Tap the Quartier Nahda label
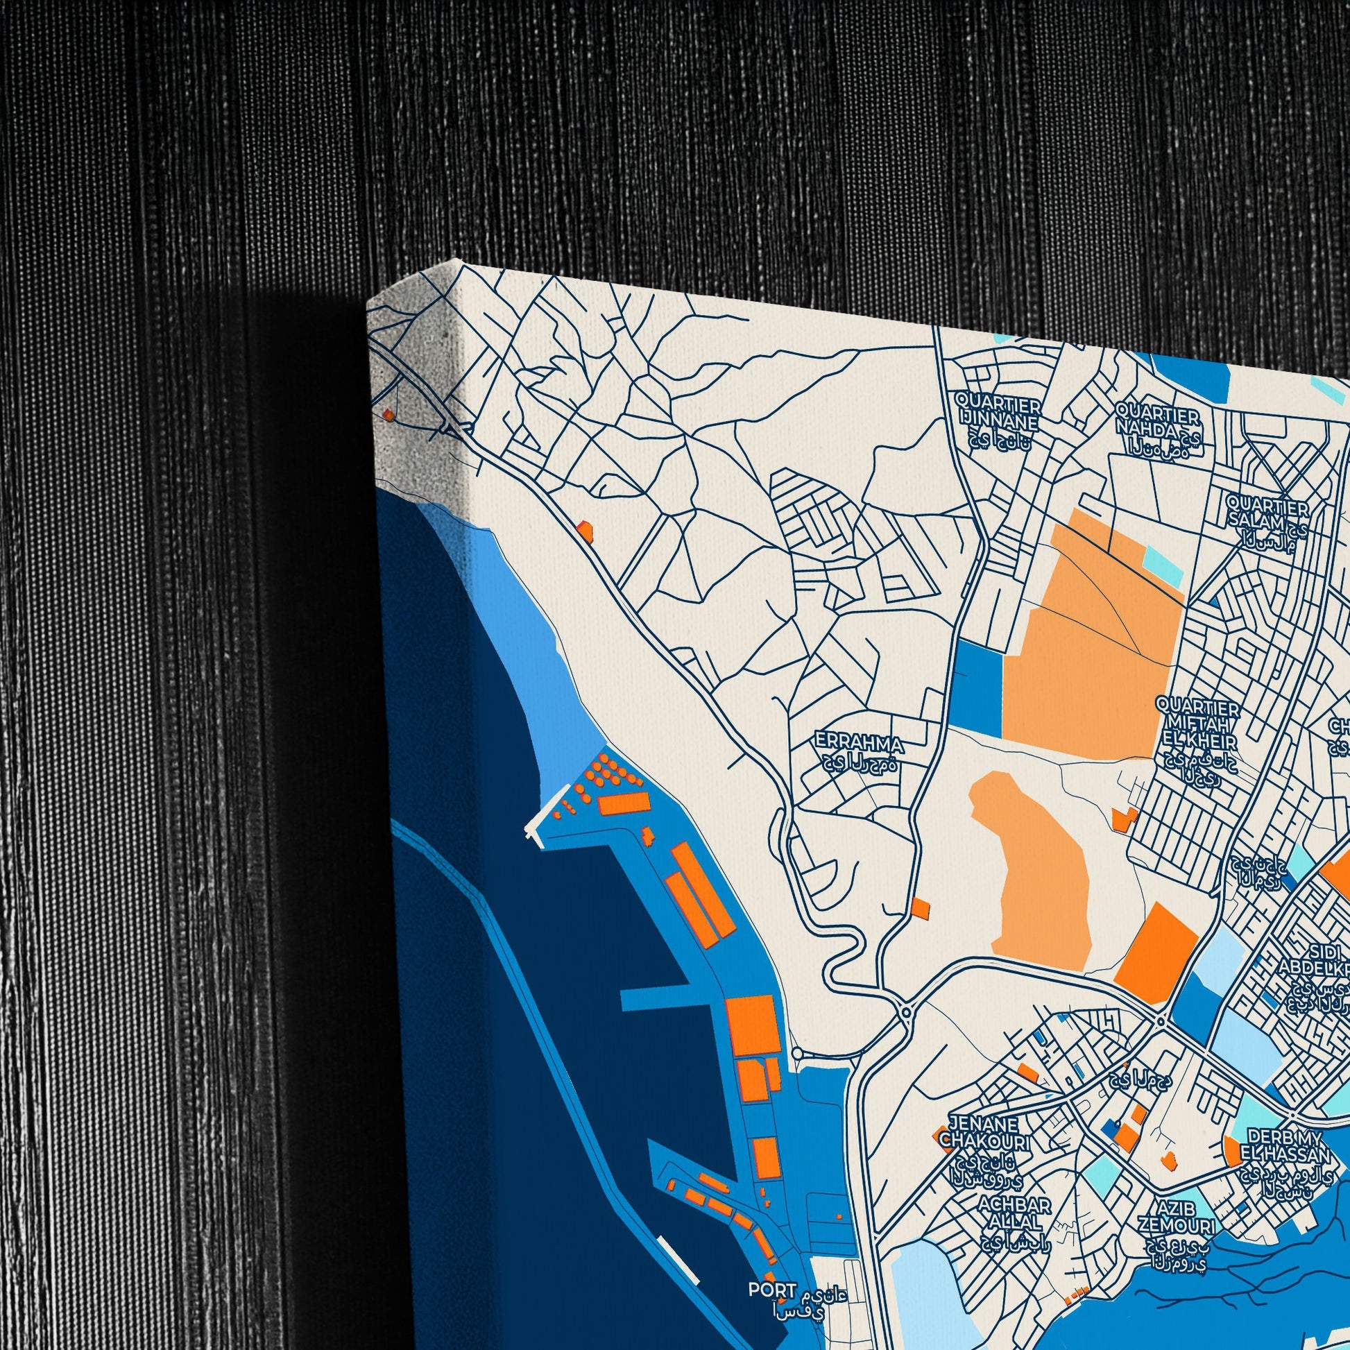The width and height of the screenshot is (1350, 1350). coord(1158,418)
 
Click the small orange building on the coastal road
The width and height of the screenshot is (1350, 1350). coord(584,531)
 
